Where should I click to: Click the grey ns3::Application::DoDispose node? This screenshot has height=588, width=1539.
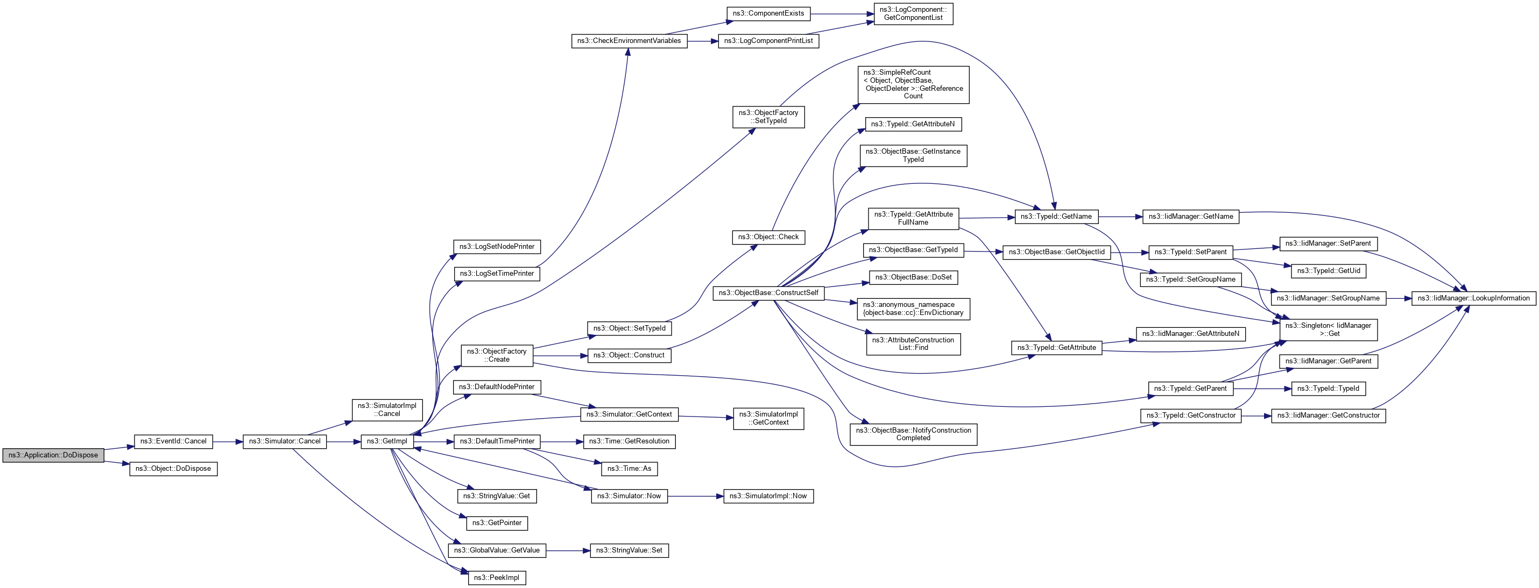pyautogui.click(x=53, y=455)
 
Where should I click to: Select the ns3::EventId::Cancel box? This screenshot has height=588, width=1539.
pyautogui.click(x=173, y=441)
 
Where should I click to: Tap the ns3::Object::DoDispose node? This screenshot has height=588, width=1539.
pyautogui.click(x=173, y=469)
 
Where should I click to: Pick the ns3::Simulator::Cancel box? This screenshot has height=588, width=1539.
pyautogui.click(x=284, y=441)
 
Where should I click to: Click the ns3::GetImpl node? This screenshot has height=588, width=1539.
pyautogui.click(x=386, y=441)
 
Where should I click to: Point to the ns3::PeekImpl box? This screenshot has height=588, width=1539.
pyautogui.click(x=497, y=577)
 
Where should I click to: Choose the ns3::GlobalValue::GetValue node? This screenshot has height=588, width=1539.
pyautogui.click(x=497, y=550)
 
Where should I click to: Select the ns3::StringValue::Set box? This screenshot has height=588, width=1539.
pyautogui.click(x=629, y=550)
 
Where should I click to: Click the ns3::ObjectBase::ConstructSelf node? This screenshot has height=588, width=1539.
pyautogui.click(x=768, y=292)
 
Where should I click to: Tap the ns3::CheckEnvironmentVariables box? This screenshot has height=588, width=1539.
pyautogui.click(x=629, y=41)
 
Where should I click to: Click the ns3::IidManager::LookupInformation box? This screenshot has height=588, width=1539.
pyautogui.click(x=1473, y=298)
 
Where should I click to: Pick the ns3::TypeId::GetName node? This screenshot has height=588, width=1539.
pyautogui.click(x=1056, y=216)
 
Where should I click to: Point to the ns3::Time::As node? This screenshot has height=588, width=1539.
pyautogui.click(x=629, y=468)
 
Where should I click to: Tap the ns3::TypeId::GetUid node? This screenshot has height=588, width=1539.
pyautogui.click(x=1328, y=270)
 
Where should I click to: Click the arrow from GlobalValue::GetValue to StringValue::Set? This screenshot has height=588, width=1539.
pyautogui.click(x=568, y=550)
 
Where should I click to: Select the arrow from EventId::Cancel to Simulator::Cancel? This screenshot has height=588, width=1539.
pyautogui.click(x=228, y=442)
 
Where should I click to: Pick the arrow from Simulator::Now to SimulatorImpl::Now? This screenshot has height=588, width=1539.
pyautogui.click(x=695, y=496)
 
